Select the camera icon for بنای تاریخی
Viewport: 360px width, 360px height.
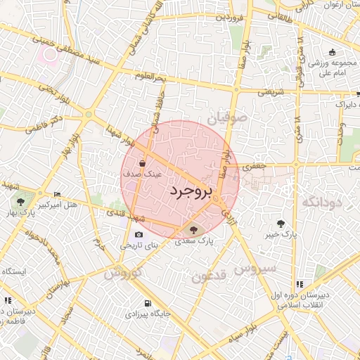[x=139, y=234]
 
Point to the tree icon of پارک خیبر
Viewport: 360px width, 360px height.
[x=281, y=223]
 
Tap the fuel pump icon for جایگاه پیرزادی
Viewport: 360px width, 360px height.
[x=146, y=304]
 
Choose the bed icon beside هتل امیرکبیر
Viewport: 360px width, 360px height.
[x=57, y=194]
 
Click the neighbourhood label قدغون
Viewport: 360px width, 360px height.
[x=209, y=276]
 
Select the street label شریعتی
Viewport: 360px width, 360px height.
[x=271, y=92]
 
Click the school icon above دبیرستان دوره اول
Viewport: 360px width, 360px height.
[x=300, y=284]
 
